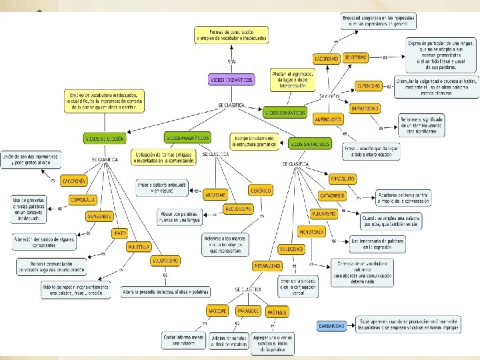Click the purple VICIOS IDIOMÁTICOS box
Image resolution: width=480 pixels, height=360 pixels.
coord(231,79)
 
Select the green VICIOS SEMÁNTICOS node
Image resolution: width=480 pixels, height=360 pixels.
coord(285,113)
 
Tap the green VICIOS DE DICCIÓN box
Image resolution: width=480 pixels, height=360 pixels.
coord(103,139)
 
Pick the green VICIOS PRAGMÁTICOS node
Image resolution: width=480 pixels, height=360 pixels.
coord(187,138)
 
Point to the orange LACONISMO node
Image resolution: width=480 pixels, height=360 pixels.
coord(327,59)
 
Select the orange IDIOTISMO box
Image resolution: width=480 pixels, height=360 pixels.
coord(355,59)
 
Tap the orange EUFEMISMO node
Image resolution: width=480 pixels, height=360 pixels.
coord(369,85)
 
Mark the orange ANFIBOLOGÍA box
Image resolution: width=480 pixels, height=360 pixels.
coord(328,119)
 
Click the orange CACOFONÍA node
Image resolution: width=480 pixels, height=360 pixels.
coord(73,181)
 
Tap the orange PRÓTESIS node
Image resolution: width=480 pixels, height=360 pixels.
coord(277,311)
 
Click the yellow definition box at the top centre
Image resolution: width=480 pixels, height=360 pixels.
coord(231,35)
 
